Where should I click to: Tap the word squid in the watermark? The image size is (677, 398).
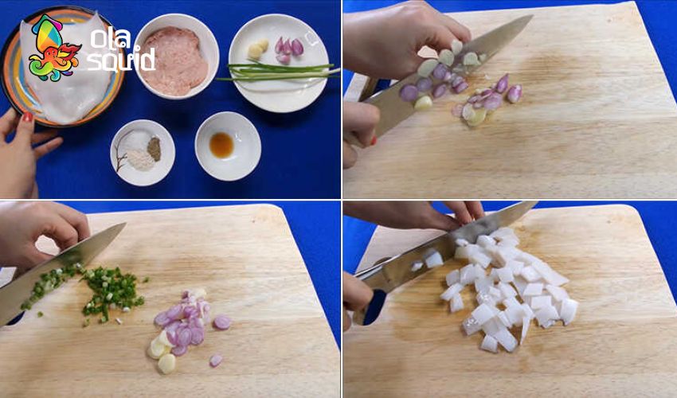121,60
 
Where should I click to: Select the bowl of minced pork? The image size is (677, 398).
177,57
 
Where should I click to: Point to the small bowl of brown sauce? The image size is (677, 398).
228,146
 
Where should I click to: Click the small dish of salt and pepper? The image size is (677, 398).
143,152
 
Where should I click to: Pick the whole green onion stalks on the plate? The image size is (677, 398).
279,72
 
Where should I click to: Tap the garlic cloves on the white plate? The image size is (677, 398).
258,49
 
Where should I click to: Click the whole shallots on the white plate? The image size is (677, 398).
288,49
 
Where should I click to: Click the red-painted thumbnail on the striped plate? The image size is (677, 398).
27,117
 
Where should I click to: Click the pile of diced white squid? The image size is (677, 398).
510,288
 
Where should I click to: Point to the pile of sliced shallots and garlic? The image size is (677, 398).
186,326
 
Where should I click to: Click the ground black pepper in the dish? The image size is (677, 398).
155,147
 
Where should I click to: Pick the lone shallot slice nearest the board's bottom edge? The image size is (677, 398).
216,361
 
